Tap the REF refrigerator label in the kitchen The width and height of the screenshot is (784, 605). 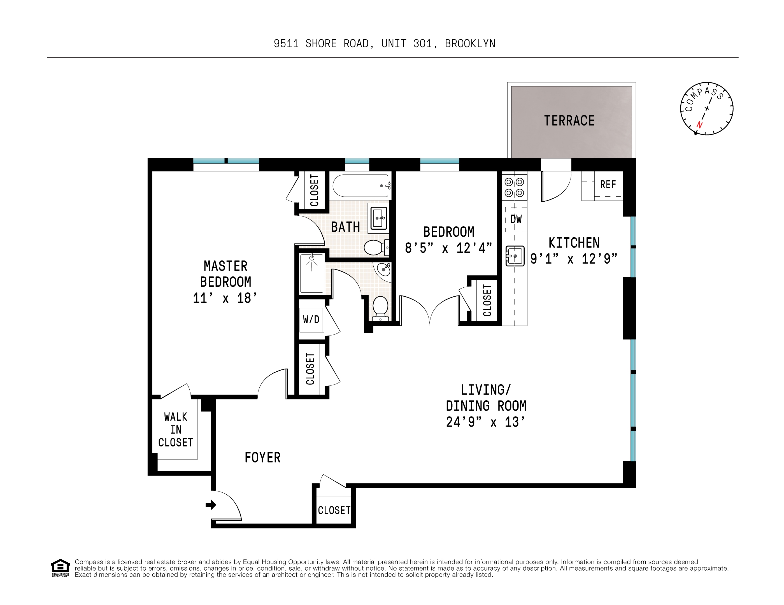point(608,185)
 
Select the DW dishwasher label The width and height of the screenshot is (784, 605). point(516,219)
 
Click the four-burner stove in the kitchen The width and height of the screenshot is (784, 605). point(514,187)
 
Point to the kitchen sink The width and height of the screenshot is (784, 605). point(515,256)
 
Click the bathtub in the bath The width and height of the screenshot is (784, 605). point(361,186)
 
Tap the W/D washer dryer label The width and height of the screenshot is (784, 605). point(311,320)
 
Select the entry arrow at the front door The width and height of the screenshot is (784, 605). point(211,505)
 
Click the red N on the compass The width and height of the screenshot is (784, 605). point(699,125)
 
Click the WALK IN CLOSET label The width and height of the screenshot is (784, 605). point(176,429)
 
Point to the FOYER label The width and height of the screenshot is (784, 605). point(262,458)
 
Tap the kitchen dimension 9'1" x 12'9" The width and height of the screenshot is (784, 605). point(574,259)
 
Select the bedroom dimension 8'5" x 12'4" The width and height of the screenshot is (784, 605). point(448,248)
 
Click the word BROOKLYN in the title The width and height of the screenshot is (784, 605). point(470,44)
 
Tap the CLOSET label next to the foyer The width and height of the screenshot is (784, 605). point(334,510)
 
